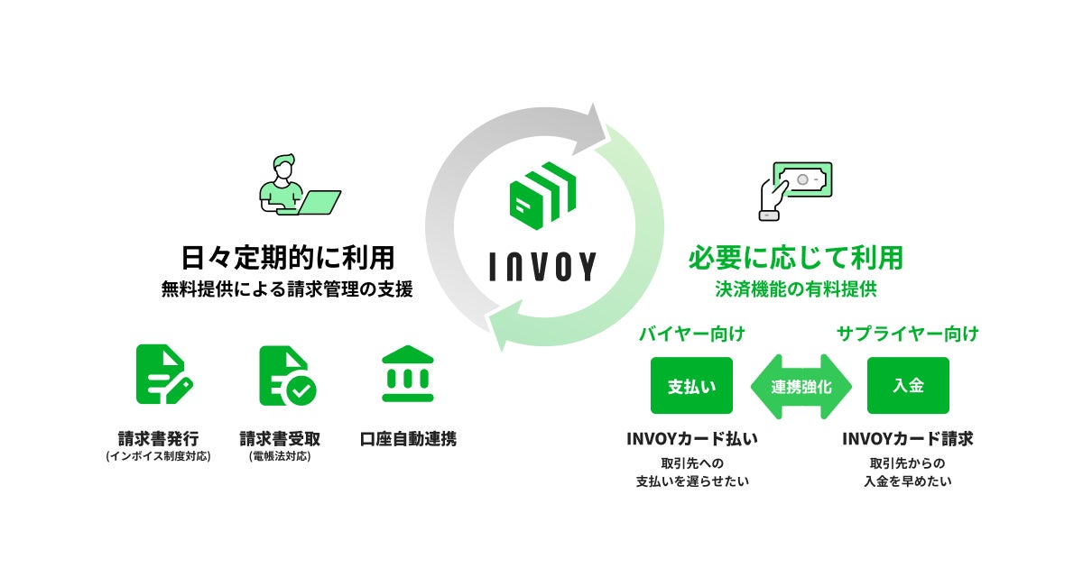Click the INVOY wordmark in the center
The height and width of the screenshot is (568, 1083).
coord(541,266)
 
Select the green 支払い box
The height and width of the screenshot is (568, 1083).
coord(691,386)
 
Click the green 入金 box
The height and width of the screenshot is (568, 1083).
coord(908,386)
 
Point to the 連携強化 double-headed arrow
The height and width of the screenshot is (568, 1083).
coord(801,386)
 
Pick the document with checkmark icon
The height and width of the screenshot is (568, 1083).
coord(286,374)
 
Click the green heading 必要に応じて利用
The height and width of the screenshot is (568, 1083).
coord(796,258)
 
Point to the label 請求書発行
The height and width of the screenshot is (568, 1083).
coord(158,439)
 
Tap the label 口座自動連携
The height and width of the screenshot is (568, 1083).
coord(408,439)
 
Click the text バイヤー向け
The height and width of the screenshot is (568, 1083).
coord(692,334)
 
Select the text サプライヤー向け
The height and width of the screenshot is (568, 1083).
coord(907,334)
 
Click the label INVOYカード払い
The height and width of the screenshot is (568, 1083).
coord(692,439)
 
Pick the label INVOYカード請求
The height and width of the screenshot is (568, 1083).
coord(907,439)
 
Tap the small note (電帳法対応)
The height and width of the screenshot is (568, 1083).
coord(280,457)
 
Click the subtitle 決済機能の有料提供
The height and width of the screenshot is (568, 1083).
coord(795,290)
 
